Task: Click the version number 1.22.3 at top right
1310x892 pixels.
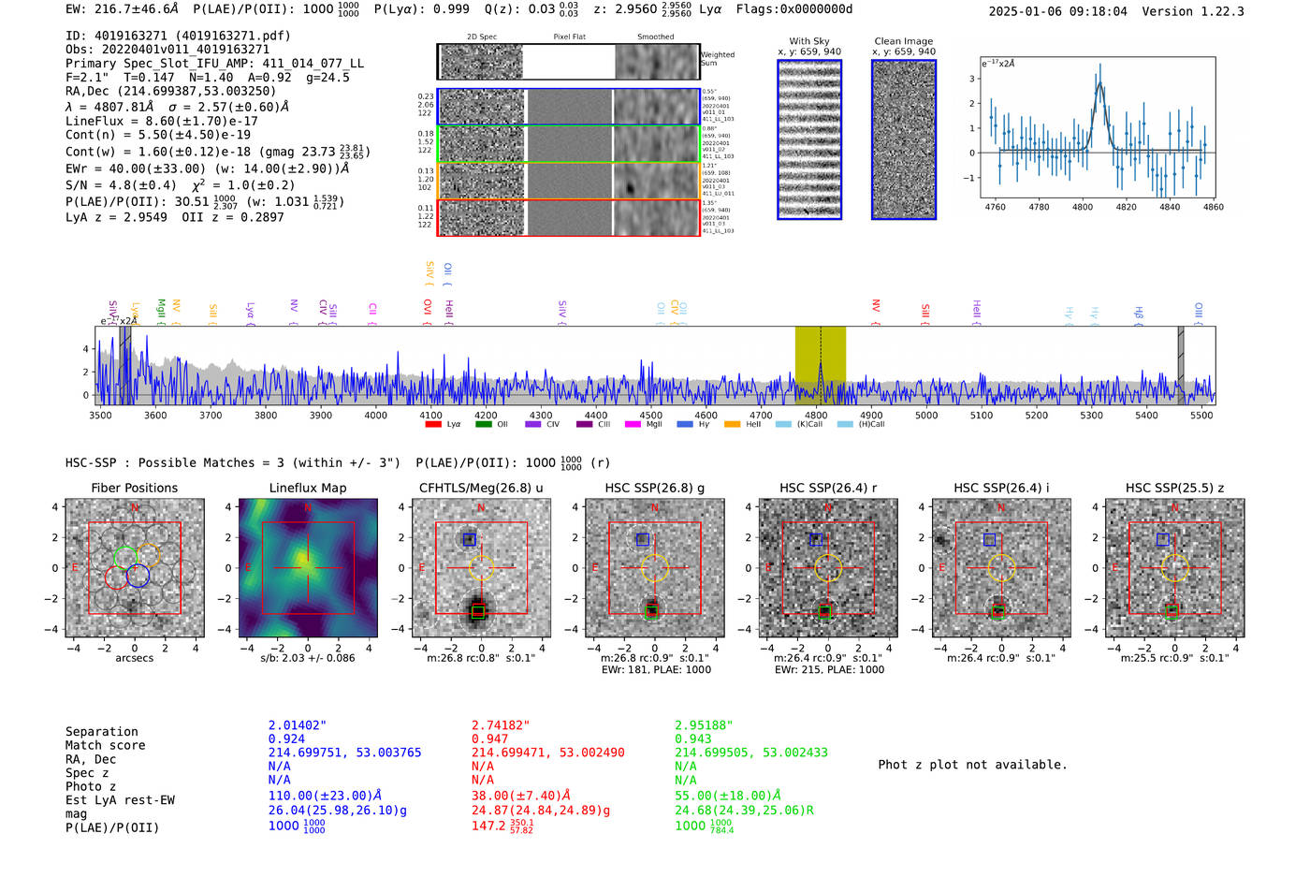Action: pos(1219,11)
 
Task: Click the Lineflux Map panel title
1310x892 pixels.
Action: pos(308,488)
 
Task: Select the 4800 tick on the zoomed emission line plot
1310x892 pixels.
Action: pos(1083,207)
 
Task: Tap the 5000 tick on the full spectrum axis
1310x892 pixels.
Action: pos(926,415)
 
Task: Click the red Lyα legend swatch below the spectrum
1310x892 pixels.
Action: pos(433,425)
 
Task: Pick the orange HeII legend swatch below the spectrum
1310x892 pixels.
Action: pos(732,425)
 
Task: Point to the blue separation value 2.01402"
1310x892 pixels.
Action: pos(298,725)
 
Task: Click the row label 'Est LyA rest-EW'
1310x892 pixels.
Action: pos(120,800)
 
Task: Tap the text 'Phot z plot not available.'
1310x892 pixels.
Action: pos(972,765)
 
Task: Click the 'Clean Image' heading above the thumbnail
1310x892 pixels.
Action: pos(903,41)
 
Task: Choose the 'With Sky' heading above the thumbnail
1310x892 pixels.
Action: pos(809,41)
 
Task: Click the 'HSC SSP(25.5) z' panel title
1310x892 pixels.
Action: pos(1174,488)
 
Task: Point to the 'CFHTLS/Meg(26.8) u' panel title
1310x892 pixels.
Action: pos(481,488)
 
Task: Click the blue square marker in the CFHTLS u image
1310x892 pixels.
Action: pos(470,539)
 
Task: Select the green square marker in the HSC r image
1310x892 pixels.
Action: pos(824,610)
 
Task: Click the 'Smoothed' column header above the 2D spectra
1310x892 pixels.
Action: pos(655,37)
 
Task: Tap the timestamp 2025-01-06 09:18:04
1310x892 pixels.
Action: pos(1057,11)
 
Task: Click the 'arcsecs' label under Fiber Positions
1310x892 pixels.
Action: pos(135,658)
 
